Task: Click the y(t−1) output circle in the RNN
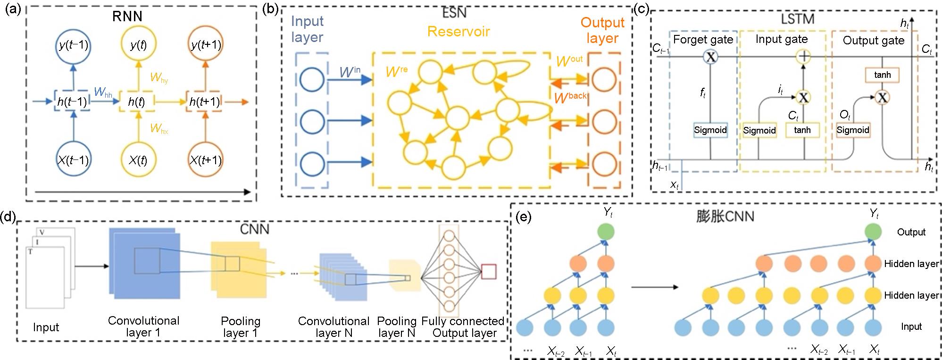click(73, 45)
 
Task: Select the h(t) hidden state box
click(137, 102)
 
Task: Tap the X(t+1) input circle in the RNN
click(205, 160)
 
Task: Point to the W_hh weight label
click(103, 92)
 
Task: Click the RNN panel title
click(127, 16)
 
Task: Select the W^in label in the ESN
click(350, 72)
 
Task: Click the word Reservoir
click(458, 32)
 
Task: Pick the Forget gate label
click(703, 40)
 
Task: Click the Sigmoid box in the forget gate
click(710, 130)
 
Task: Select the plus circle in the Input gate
click(803, 57)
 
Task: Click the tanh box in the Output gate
click(882, 75)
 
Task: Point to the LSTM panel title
click(797, 19)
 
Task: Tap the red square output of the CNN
click(488, 272)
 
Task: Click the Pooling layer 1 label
click(241, 327)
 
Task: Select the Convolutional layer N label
click(333, 327)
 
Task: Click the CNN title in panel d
click(255, 229)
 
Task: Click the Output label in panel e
click(911, 232)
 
